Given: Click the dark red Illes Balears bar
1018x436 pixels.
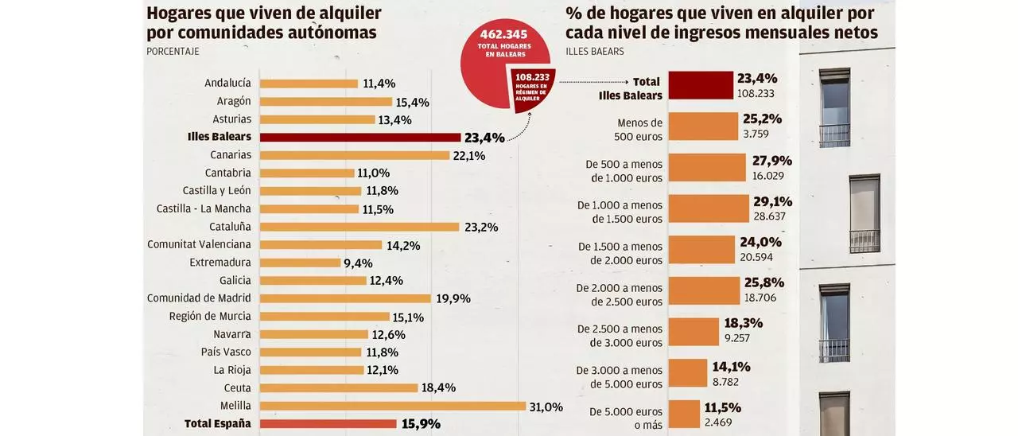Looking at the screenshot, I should (360, 137).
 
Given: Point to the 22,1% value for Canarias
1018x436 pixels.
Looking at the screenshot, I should (469, 155).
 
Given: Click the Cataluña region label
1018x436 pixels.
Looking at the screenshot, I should (230, 227).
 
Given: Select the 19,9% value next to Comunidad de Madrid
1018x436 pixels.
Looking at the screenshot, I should (453, 298).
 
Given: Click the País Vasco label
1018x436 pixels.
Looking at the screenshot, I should (226, 352).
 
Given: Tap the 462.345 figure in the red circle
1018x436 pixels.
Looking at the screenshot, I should (505, 34).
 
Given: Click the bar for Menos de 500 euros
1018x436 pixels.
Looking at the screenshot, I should (703, 127).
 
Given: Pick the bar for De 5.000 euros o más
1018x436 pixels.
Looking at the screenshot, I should (684, 415).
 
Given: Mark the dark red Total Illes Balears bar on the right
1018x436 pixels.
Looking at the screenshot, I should (700, 85).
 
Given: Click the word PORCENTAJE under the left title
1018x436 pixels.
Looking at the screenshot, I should (173, 52).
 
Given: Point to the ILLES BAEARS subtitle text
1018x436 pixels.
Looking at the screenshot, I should (595, 52).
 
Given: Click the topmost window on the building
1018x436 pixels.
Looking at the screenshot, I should (834, 107).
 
